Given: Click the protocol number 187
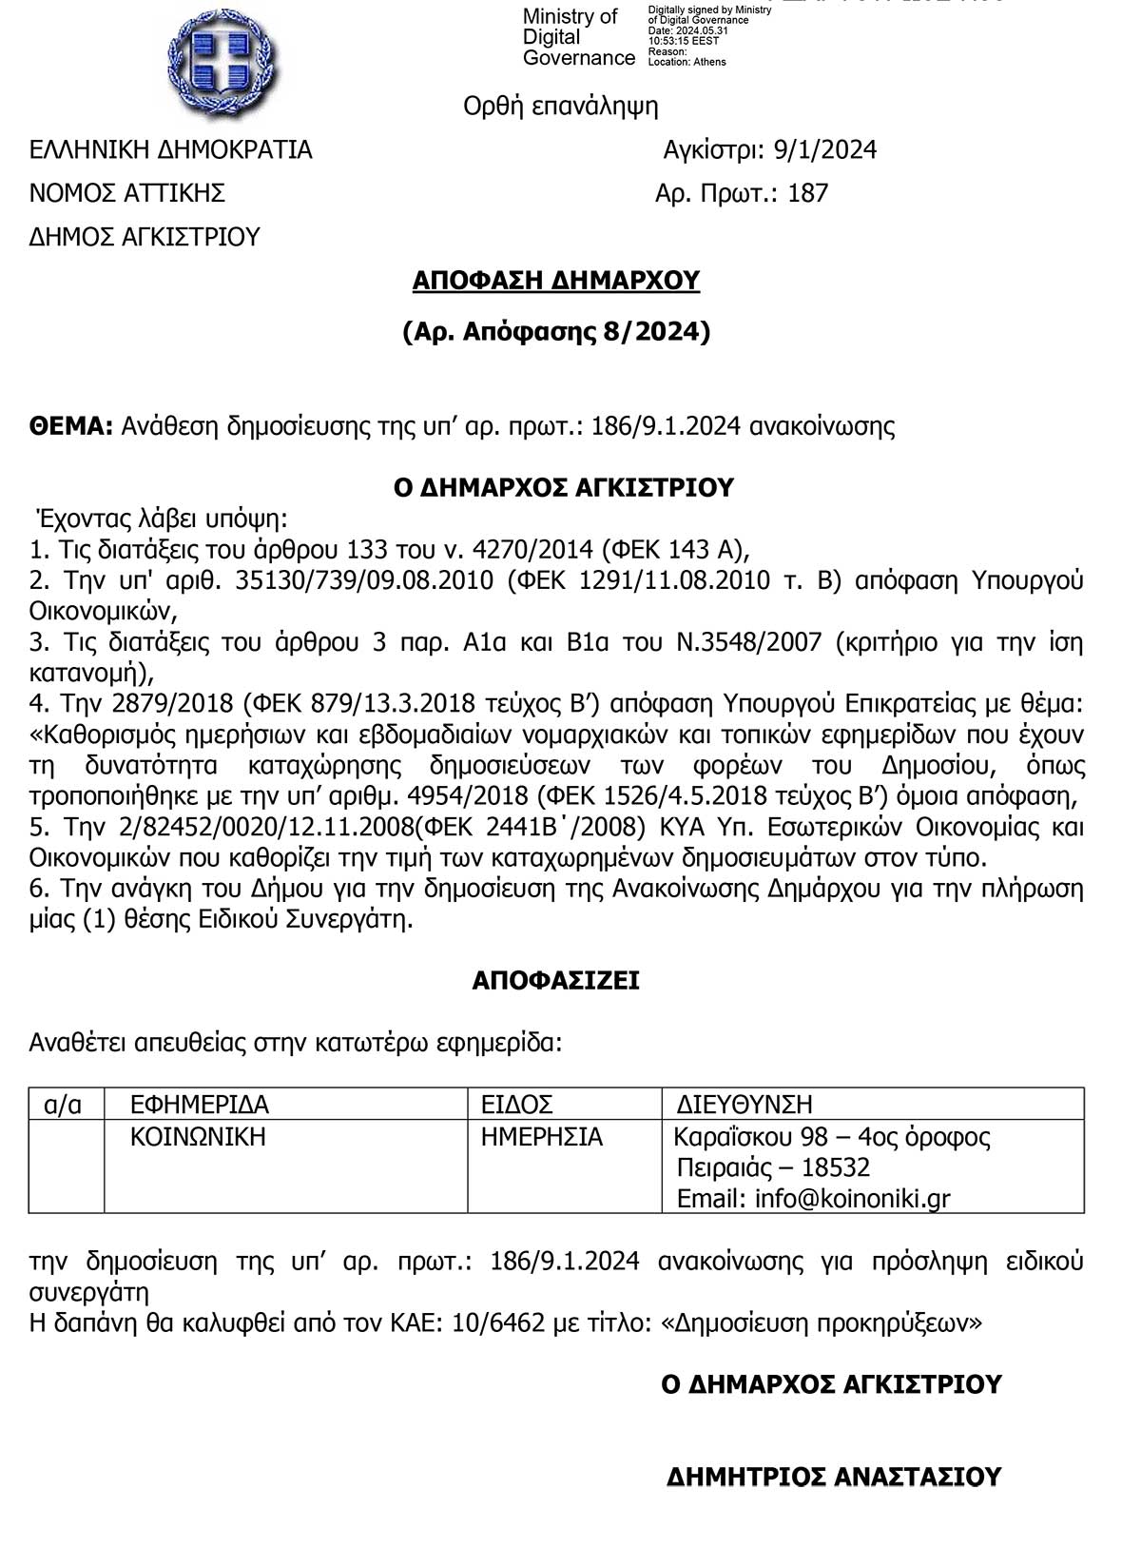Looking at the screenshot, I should (x=808, y=194).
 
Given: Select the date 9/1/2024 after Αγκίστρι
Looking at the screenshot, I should (x=824, y=150).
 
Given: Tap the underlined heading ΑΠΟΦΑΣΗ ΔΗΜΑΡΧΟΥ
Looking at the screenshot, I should (x=556, y=281).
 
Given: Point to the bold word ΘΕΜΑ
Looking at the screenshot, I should (x=71, y=425).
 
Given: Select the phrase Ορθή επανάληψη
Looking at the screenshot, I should (x=560, y=106).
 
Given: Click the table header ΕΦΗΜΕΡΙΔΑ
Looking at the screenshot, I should (x=200, y=1105).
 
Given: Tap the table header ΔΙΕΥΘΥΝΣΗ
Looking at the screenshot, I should (x=745, y=1105).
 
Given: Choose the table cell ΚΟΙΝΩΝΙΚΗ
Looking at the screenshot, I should (x=198, y=1137).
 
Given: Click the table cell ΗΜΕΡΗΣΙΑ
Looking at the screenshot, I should (x=542, y=1137).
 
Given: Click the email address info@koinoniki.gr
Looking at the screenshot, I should (x=852, y=1199).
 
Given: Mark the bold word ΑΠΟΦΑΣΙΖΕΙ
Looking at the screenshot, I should (x=555, y=981).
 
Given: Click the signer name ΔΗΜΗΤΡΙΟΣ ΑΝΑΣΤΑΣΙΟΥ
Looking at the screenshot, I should (x=834, y=1477).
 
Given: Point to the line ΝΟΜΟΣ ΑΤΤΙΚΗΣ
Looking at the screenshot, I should (x=127, y=194).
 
